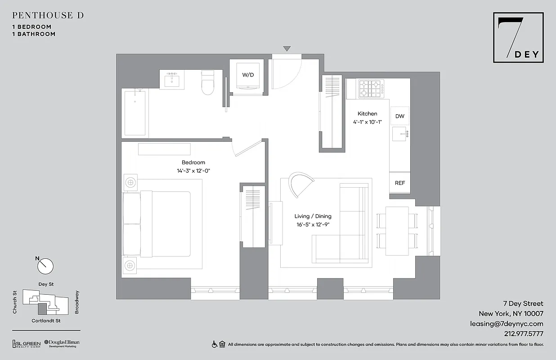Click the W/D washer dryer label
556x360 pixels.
[248, 75]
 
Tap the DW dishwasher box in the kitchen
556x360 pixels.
[399, 116]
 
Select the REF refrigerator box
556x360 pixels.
[399, 183]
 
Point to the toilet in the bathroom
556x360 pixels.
[207, 83]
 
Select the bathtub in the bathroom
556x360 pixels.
[135, 112]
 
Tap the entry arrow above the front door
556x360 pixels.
[287, 49]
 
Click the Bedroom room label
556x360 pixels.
[193, 162]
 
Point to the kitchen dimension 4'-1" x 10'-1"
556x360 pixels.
[367, 122]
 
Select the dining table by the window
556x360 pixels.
[397, 230]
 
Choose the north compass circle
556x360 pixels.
[45, 266]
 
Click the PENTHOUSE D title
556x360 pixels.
[48, 15]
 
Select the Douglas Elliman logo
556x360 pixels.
[62, 344]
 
